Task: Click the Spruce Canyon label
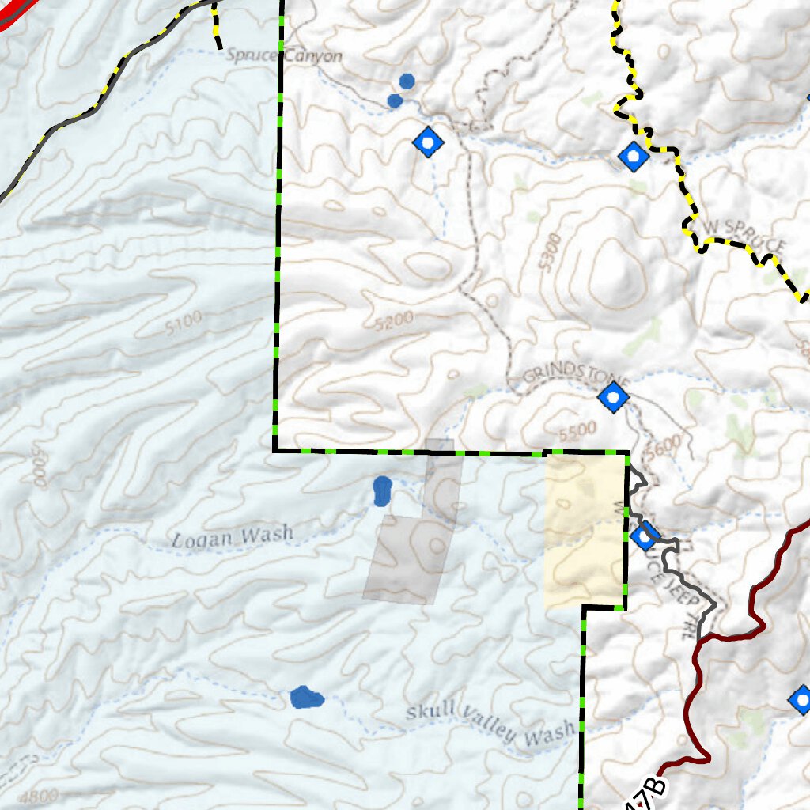click(x=284, y=56)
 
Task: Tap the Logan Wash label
click(x=232, y=537)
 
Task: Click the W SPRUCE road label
click(x=744, y=235)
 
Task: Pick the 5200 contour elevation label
click(x=395, y=321)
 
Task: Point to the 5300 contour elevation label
click(x=550, y=252)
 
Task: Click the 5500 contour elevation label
click(x=577, y=431)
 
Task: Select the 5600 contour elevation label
click(x=662, y=449)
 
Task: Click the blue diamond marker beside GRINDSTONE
click(x=612, y=397)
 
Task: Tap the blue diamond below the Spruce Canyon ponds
click(x=428, y=142)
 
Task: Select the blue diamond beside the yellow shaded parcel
click(x=643, y=538)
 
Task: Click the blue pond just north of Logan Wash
click(x=382, y=490)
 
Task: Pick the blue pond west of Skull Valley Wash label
click(x=306, y=698)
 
